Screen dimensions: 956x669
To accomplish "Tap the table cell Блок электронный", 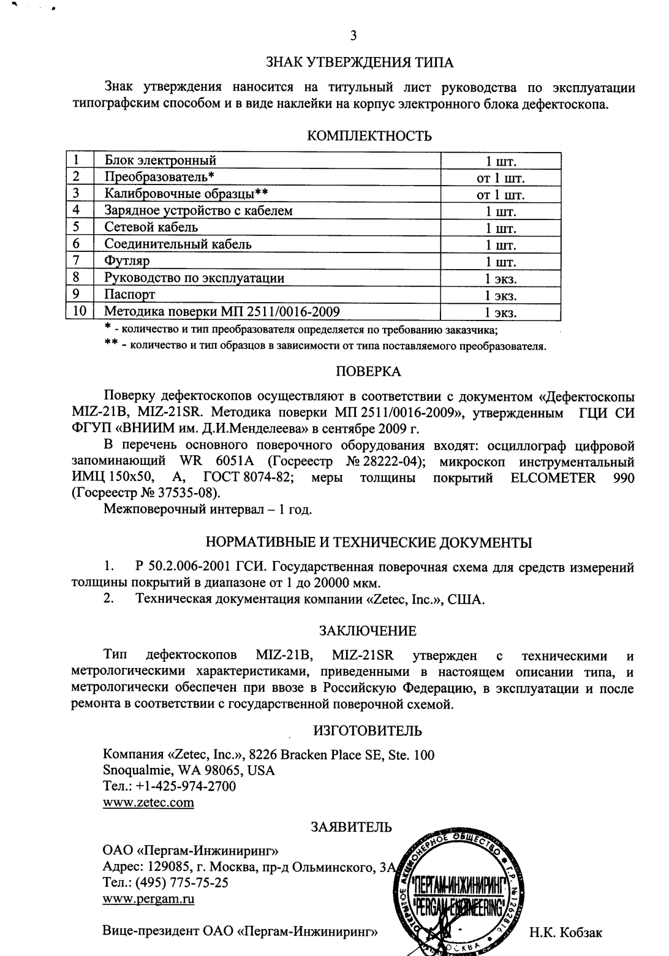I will click(161, 161).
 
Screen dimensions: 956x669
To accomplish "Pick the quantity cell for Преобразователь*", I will click(501, 178).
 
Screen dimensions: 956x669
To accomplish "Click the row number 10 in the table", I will click(79, 311).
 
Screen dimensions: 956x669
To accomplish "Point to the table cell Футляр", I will click(127, 261).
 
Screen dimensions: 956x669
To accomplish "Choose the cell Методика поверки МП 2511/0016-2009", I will click(222, 311).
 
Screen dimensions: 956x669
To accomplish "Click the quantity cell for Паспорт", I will click(501, 295).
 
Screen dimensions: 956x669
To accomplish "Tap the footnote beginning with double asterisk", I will click(325, 347).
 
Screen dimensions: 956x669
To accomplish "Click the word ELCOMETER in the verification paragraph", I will click(553, 478).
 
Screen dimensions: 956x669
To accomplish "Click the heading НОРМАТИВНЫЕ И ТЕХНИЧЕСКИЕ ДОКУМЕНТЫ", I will click(368, 542).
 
